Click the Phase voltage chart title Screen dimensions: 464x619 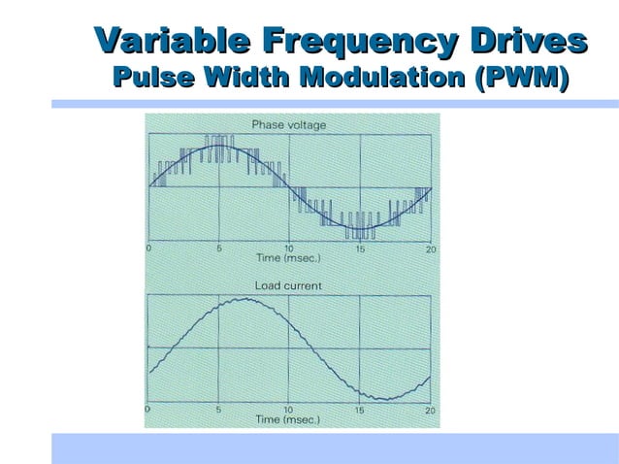(289, 124)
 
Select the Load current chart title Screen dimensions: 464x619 (288, 285)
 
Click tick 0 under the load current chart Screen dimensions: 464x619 (148, 410)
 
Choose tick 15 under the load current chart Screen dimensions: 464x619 (360, 410)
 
